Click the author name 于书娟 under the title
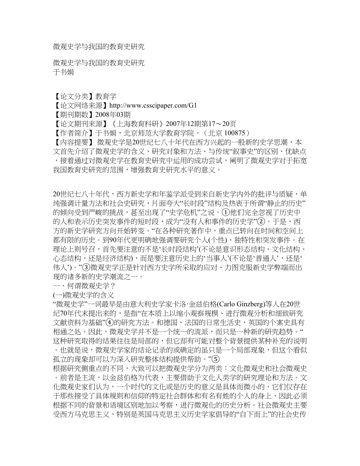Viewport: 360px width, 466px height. [x=64, y=72]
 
